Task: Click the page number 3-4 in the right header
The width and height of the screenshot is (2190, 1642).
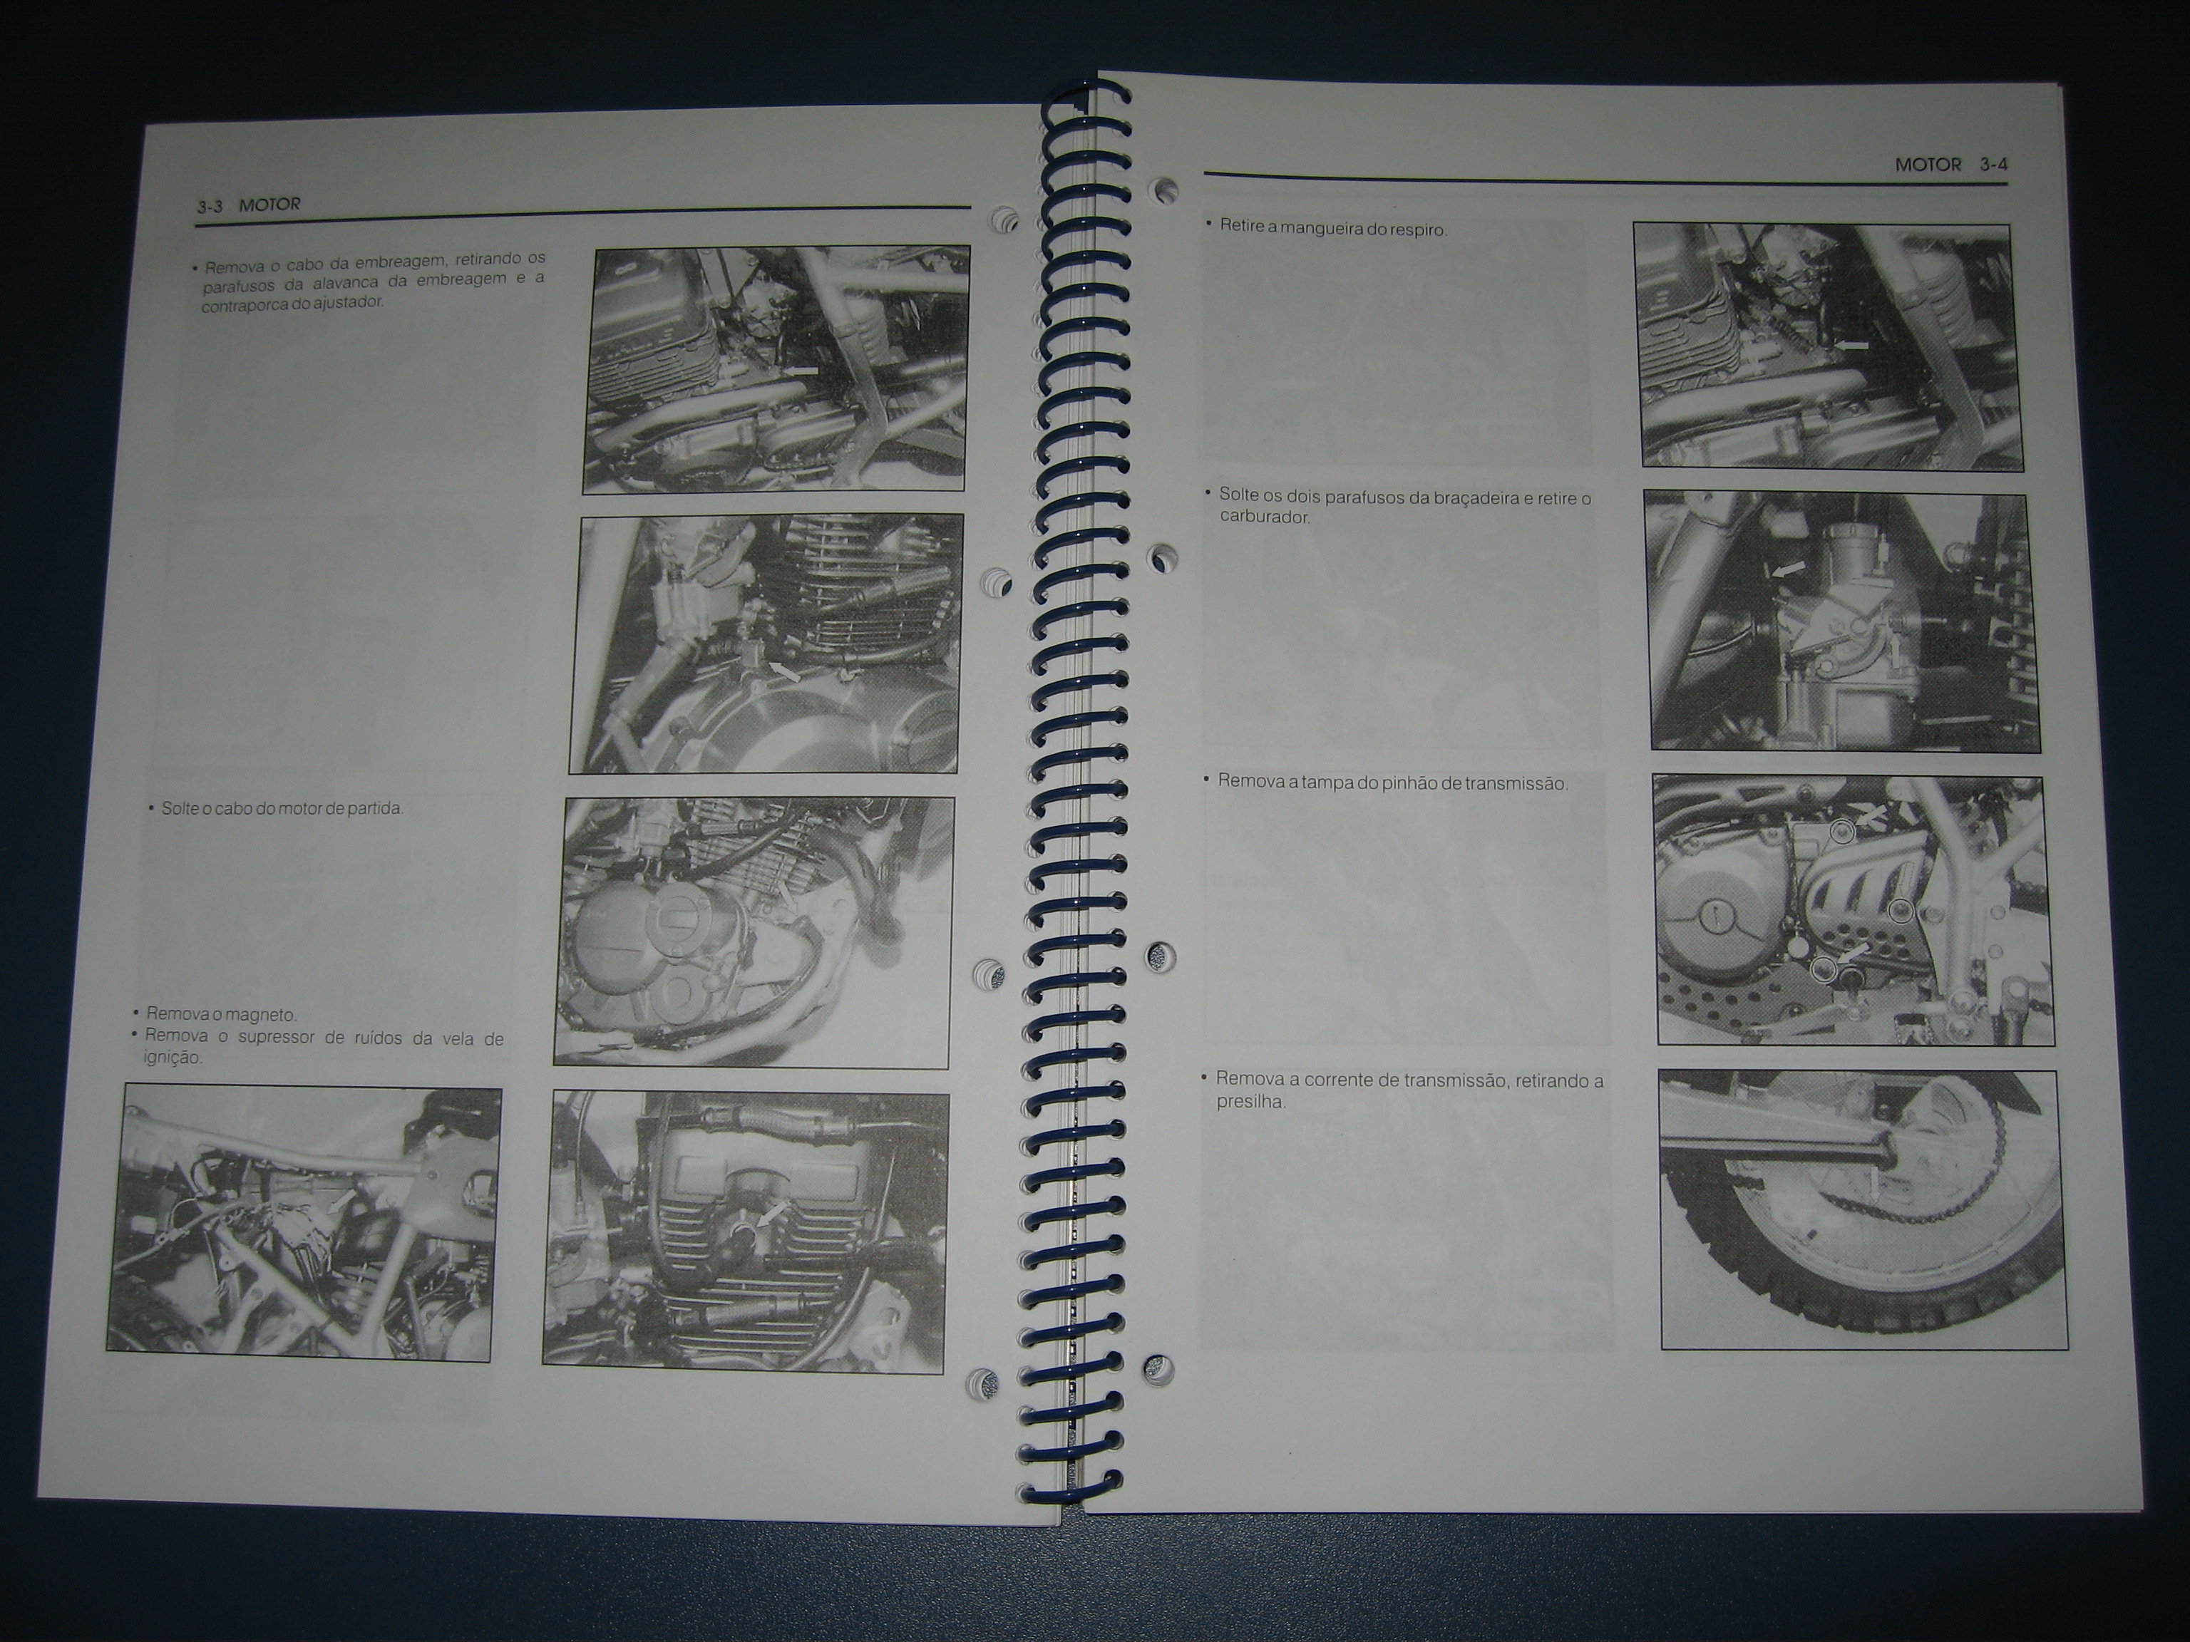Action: (x=1994, y=165)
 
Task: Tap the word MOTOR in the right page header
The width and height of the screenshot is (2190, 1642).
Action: (x=1928, y=165)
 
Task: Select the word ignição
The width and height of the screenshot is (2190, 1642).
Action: (x=173, y=1058)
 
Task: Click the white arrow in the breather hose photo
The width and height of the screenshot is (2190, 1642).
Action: (x=1851, y=344)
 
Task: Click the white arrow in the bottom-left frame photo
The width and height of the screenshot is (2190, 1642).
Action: (x=341, y=1202)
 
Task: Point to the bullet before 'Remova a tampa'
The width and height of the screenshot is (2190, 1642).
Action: (x=1206, y=779)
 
